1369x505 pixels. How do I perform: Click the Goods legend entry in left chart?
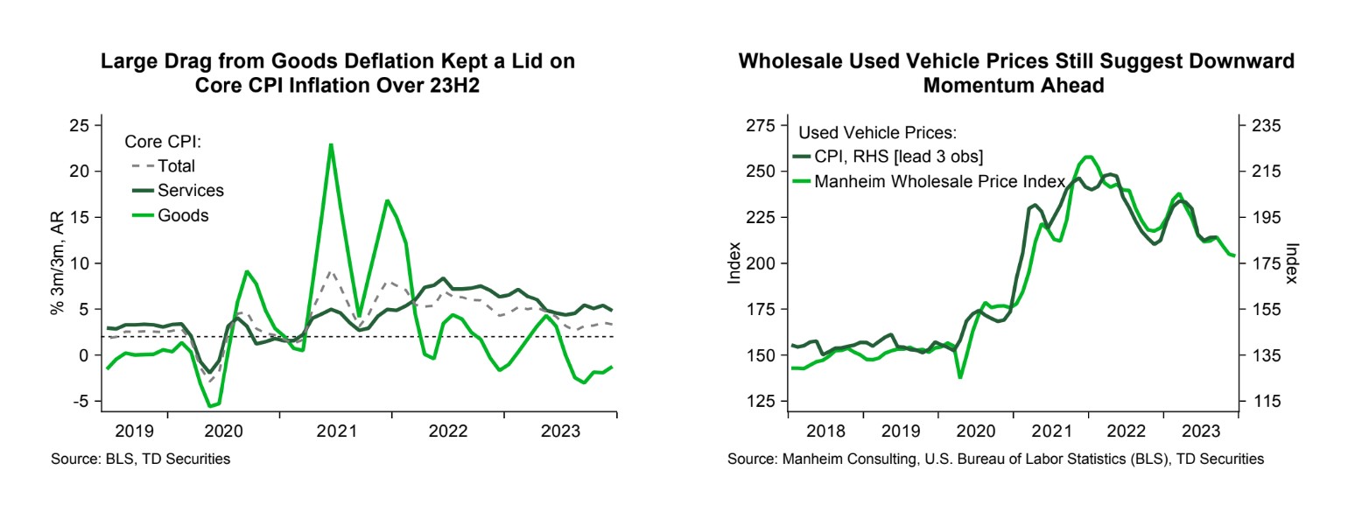point(183,215)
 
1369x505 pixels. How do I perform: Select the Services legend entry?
point(190,191)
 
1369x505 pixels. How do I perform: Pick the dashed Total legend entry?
point(176,166)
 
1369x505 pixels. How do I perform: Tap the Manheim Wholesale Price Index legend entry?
point(938,182)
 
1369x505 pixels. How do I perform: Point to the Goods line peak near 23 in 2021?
point(330,144)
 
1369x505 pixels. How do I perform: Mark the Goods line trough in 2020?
point(210,406)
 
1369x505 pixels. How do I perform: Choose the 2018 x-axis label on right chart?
point(825,431)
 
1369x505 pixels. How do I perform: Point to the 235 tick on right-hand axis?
point(1261,125)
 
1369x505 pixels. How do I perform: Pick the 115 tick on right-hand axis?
point(1261,401)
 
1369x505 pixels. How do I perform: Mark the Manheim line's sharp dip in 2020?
point(960,377)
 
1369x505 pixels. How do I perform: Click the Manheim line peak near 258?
point(1089,157)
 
